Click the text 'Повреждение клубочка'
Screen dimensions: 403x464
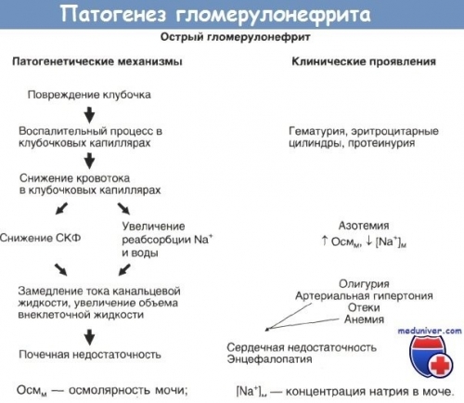click(x=90, y=96)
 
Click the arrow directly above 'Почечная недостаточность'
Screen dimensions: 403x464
click(x=89, y=336)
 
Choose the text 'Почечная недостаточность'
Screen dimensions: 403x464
click(x=90, y=355)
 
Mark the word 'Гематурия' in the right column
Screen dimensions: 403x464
click(x=320, y=136)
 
